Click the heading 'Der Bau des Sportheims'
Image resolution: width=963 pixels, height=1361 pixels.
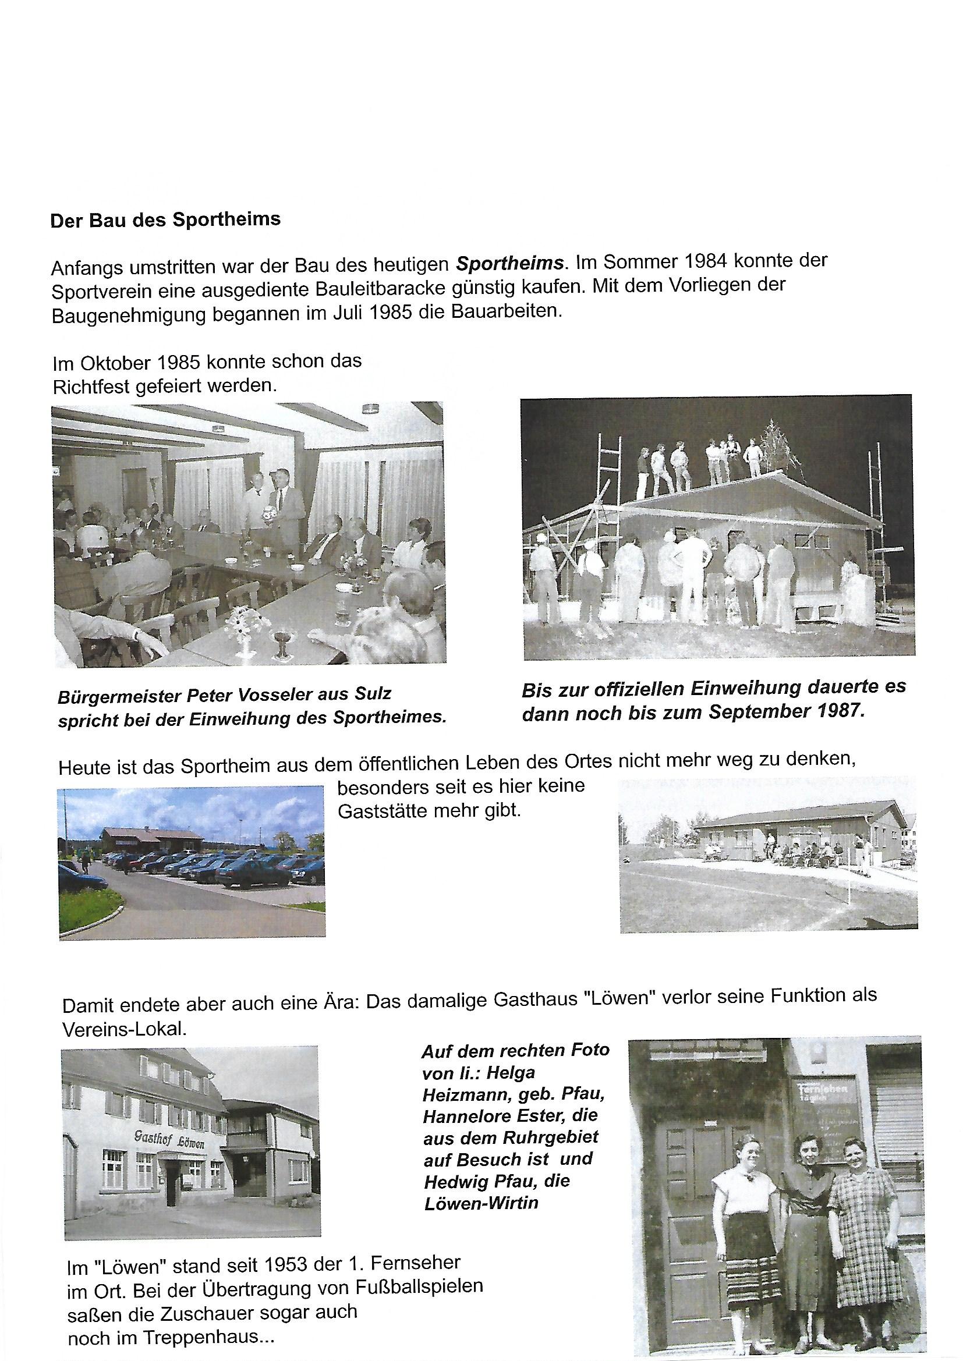click(165, 219)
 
